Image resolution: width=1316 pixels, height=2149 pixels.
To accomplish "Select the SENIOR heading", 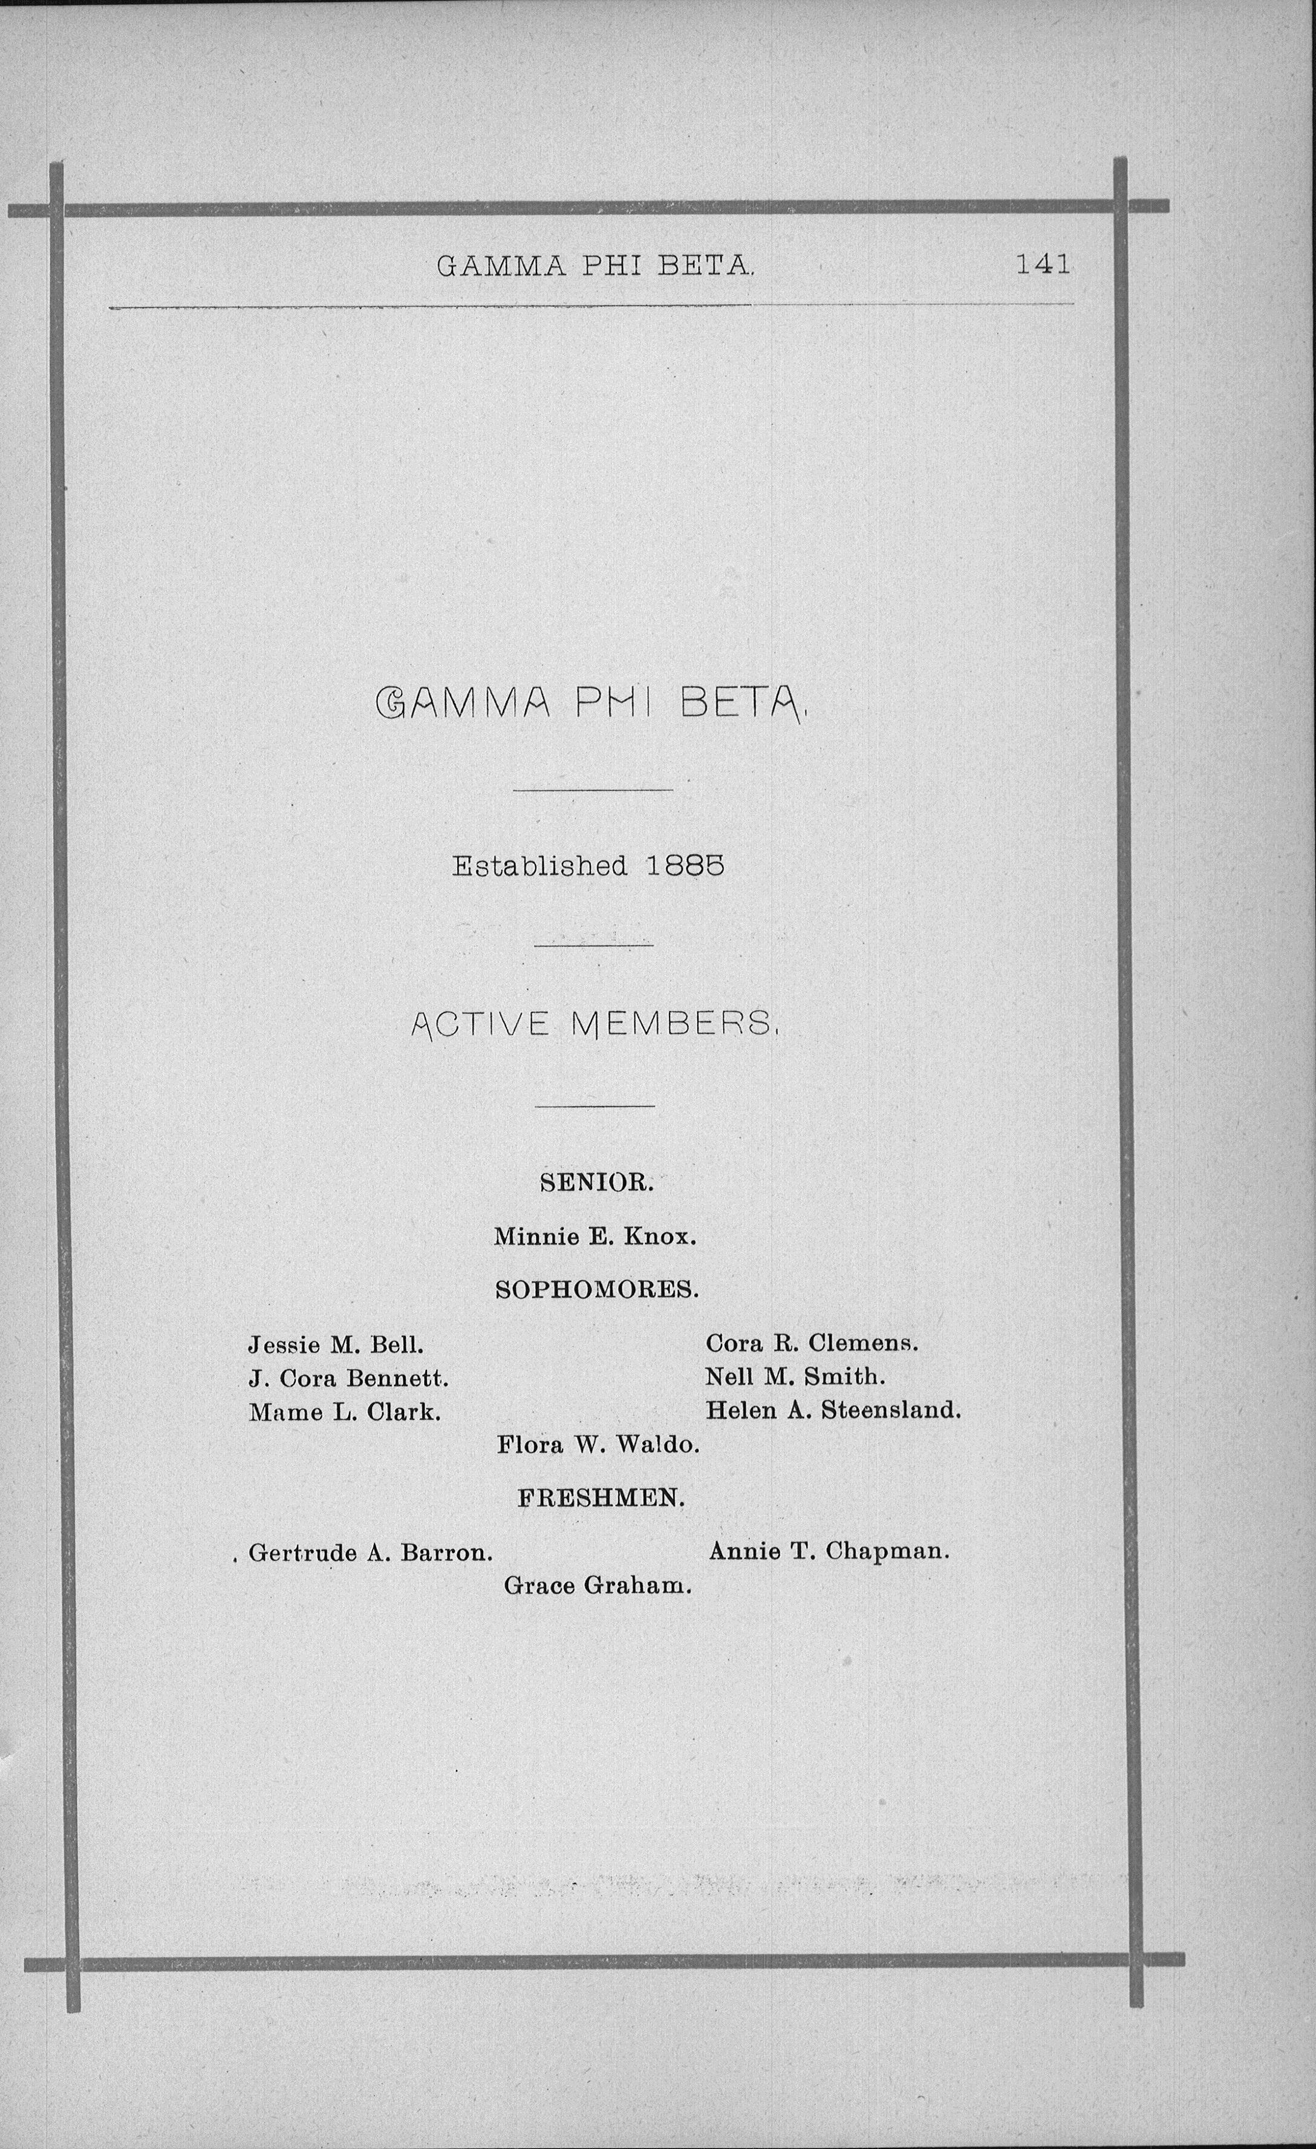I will [596, 1183].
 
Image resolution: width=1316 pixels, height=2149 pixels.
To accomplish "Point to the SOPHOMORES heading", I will [596, 1290].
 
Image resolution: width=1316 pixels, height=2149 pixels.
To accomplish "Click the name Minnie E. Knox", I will [594, 1237].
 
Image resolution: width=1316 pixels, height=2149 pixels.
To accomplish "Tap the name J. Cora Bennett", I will [348, 1378].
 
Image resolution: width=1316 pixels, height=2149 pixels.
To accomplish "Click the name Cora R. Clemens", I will [812, 1343].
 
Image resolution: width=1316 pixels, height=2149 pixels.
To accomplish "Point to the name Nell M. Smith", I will [795, 1377].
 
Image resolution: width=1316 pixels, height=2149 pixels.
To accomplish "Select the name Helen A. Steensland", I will [833, 1410].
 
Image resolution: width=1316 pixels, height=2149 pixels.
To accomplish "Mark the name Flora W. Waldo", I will [598, 1445].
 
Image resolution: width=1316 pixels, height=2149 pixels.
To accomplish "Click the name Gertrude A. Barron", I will [371, 1552].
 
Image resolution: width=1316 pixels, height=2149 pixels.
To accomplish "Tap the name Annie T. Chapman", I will [829, 1552].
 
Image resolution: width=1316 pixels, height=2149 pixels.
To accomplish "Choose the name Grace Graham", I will [598, 1586].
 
